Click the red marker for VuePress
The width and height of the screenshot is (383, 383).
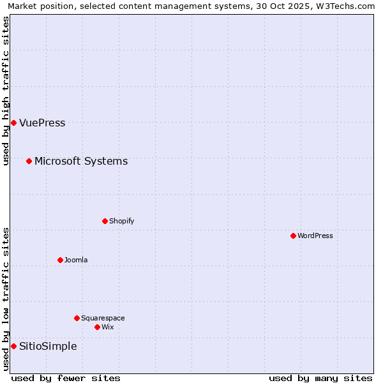click(13, 123)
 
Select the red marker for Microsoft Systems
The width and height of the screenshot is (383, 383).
click(29, 161)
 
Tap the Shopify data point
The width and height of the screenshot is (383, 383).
click(105, 221)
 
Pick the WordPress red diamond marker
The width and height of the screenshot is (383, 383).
click(293, 236)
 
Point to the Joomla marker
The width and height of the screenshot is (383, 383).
click(60, 260)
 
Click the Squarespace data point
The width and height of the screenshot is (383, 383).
click(77, 318)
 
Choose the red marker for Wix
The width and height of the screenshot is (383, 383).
click(97, 327)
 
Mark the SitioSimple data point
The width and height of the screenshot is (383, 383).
click(13, 346)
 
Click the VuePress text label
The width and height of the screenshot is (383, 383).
click(42, 123)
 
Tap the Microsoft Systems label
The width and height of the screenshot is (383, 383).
click(81, 161)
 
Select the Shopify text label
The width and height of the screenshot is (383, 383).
click(121, 222)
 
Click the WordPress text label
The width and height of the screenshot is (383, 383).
click(315, 236)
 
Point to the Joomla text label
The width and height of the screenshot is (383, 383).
click(76, 260)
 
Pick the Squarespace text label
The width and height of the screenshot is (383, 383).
click(103, 319)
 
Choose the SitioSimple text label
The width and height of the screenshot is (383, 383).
click(48, 347)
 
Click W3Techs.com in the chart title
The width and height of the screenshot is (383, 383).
click(347, 6)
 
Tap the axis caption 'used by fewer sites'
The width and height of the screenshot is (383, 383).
click(66, 378)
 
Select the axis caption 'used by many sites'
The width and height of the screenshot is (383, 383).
click(320, 378)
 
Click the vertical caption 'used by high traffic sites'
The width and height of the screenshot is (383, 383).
click(6, 91)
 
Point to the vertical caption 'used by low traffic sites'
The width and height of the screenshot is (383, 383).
click(6, 299)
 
